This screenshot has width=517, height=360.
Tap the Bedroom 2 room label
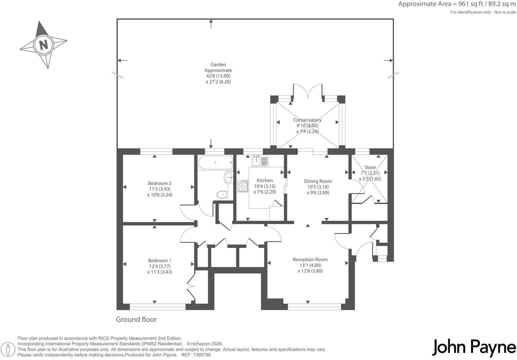[x=160, y=183]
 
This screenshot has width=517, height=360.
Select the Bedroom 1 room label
[x=160, y=260]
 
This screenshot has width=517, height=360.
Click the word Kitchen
[x=265, y=181]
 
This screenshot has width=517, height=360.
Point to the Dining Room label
[x=318, y=181]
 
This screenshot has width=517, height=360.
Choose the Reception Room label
[x=310, y=260]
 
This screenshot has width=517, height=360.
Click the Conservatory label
[x=307, y=120]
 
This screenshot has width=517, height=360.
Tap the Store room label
[x=370, y=167]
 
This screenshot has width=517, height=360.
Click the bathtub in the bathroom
[x=216, y=163]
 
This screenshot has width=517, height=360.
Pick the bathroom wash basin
[x=228, y=178]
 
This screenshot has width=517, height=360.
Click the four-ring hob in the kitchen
[x=243, y=186]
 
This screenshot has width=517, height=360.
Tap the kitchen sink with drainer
[x=260, y=160]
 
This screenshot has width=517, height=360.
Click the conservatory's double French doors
[x=308, y=91]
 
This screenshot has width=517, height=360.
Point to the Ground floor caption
[x=136, y=319]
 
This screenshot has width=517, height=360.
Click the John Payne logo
[x=474, y=348]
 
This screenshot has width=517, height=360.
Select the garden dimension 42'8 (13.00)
[x=218, y=76]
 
